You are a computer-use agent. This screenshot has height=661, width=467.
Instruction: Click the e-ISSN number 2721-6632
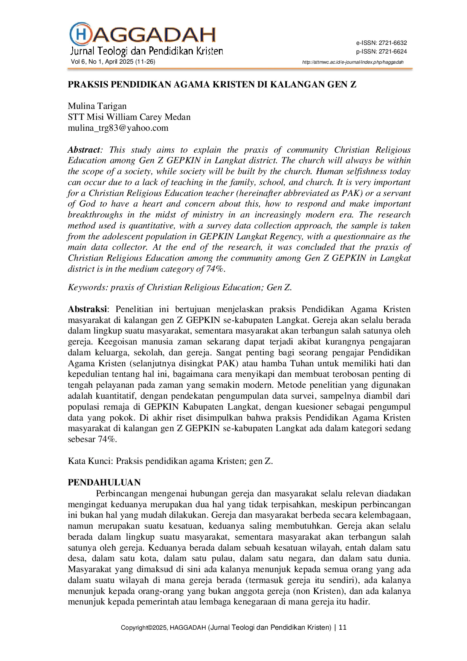click(393, 43)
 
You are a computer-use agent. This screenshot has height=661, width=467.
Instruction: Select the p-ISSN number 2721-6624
click(393, 52)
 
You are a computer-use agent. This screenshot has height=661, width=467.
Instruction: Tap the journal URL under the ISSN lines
click(353, 62)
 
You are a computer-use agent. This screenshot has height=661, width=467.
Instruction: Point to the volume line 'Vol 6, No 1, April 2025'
click(113, 62)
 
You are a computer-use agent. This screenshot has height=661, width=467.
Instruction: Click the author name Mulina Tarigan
click(97, 106)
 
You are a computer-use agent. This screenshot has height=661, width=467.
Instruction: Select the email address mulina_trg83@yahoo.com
click(118, 128)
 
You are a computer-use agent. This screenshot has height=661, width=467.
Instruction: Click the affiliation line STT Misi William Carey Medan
click(129, 117)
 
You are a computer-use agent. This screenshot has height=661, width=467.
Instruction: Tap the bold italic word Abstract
click(84, 150)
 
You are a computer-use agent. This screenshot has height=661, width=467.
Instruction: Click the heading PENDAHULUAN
click(104, 482)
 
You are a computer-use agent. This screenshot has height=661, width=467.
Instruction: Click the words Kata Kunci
click(90, 461)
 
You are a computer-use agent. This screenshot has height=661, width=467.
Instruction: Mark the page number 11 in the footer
click(343, 627)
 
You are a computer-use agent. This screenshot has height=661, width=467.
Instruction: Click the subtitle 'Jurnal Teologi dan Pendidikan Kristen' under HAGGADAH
click(147, 51)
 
